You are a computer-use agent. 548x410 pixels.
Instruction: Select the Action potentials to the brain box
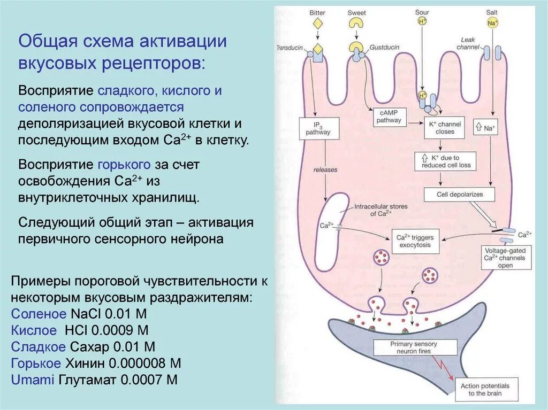tap(485, 389)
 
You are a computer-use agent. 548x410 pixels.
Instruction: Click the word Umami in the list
tap(33, 380)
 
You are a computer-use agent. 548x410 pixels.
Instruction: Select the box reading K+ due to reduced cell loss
tap(446, 161)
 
